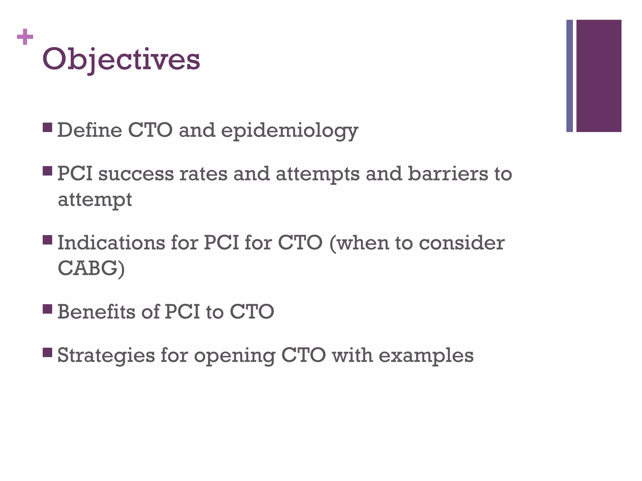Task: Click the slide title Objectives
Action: (121, 59)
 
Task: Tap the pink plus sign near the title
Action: (25, 37)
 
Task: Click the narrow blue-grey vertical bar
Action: (570, 76)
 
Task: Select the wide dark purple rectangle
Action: (599, 76)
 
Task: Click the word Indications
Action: (111, 243)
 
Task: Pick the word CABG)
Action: (91, 268)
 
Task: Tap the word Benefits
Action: (96, 312)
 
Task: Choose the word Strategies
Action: (106, 356)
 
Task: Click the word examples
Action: (426, 356)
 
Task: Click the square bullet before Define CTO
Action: (47, 127)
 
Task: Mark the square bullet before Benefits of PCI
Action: (47, 309)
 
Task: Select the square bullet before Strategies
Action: (47, 353)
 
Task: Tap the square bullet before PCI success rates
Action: (47, 171)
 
